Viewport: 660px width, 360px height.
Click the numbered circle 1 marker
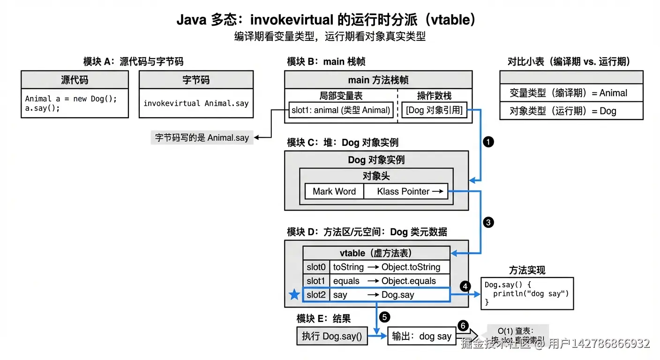[x=488, y=142]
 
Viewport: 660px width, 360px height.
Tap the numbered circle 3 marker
[x=488, y=222]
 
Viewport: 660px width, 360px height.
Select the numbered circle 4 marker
[x=465, y=286]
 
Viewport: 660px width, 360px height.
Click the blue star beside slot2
[x=294, y=295]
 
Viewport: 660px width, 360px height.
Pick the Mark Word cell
[x=334, y=191]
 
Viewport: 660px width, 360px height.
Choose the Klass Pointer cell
[x=405, y=191]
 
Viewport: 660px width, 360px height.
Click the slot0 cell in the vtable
[x=316, y=267]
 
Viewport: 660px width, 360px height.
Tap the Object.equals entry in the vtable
[x=409, y=281]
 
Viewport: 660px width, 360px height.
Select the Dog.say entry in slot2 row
[x=397, y=295]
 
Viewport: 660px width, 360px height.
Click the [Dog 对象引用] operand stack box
[x=434, y=111]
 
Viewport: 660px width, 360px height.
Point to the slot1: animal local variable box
[x=341, y=111]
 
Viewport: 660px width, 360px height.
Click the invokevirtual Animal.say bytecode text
[x=196, y=103]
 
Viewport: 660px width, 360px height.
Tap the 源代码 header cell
[x=75, y=80]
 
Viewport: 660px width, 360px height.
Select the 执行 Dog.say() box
[x=332, y=336]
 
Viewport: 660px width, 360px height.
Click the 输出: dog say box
[x=422, y=336]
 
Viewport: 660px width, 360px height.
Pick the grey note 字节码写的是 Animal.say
[x=202, y=138]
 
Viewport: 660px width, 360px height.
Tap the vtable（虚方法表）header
[x=376, y=253]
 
